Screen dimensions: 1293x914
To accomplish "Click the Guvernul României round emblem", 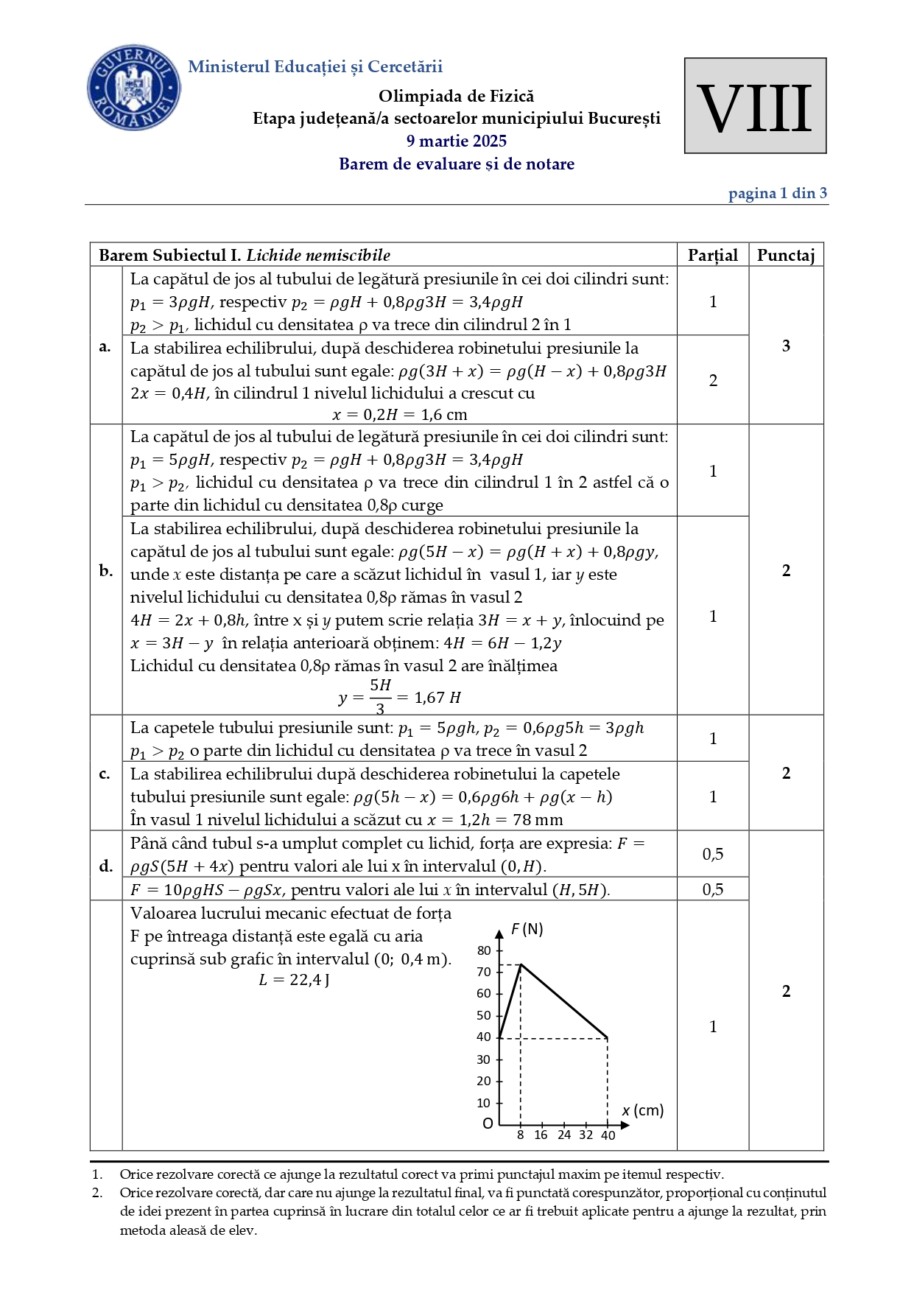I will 133,88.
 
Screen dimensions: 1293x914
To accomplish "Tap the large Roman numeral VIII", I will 754,108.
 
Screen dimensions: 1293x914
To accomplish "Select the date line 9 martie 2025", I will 456,141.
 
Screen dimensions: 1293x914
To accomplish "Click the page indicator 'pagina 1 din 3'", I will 777,193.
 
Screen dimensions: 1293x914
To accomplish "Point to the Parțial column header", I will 712,255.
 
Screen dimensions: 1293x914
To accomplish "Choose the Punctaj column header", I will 785,255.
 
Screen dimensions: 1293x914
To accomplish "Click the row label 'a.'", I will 105,346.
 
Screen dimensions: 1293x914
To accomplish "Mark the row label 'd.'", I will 105,866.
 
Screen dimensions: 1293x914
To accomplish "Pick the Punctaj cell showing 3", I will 786,346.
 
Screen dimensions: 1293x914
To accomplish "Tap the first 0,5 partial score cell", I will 712,854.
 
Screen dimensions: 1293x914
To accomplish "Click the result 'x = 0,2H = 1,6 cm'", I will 399,414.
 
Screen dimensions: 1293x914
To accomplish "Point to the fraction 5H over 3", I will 380,696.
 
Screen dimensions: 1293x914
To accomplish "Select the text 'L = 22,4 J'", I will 294,980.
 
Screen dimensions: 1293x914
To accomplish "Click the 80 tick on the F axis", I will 484,950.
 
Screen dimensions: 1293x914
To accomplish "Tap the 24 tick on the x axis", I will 564,1135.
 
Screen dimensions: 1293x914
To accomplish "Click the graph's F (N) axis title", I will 527,929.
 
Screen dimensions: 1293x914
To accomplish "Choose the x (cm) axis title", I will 642,1110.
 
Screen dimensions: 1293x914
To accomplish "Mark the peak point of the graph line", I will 521,964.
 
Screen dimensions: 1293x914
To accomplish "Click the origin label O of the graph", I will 488,1124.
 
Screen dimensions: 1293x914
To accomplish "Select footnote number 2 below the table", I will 97,1193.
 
